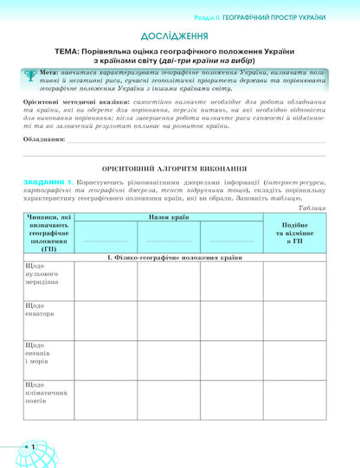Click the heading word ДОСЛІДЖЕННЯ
pos(179,36)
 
